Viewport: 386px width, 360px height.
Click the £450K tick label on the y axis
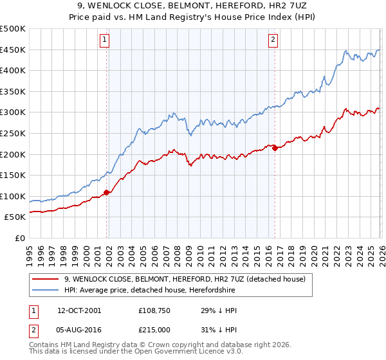[13, 50]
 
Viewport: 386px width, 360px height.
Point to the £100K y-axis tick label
[13, 196]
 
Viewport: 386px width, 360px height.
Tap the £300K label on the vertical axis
[13, 113]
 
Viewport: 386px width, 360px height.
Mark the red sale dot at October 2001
[106, 192]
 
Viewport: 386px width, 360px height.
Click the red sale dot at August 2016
[275, 148]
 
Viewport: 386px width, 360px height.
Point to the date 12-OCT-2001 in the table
[79, 310]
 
